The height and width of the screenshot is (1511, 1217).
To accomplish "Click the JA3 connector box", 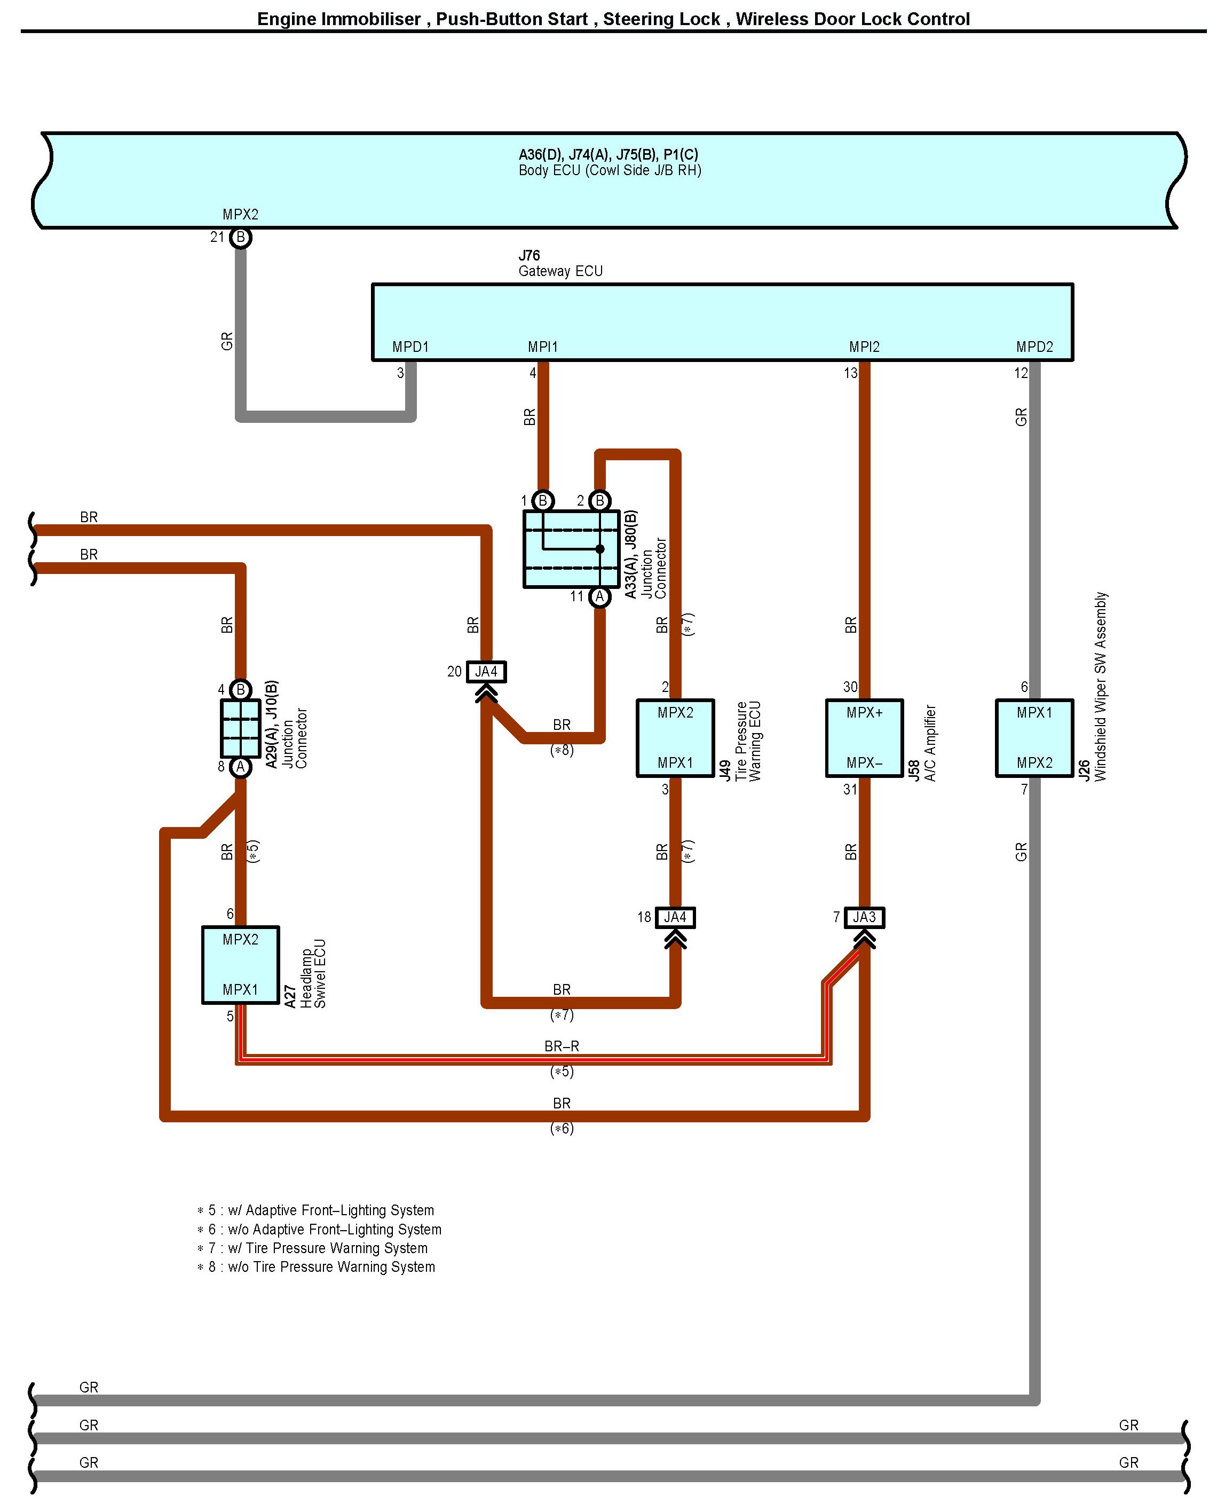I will tap(864, 917).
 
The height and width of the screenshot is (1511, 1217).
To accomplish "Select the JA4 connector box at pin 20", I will tap(486, 672).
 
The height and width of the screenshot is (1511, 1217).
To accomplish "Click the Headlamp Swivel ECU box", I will tap(240, 965).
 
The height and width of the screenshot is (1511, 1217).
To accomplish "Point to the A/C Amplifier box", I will tap(864, 738).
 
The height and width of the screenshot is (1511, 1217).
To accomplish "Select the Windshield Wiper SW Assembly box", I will tap(1034, 738).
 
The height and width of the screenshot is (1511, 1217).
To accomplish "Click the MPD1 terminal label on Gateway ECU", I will tap(410, 347).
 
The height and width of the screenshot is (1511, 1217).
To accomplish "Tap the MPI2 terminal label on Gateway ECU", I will tap(864, 347).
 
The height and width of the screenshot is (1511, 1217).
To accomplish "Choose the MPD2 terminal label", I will tap(1034, 347).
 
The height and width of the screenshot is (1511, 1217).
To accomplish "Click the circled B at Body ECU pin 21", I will tap(240, 238).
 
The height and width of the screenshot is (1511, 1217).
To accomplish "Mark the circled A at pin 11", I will tap(599, 597).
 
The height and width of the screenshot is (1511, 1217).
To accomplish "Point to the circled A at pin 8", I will tap(240, 767).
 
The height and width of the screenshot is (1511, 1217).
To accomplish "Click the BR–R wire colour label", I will tap(562, 1046).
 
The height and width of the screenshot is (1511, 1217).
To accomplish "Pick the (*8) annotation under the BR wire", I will tap(562, 750).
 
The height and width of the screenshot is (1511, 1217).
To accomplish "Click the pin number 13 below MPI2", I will tap(850, 373).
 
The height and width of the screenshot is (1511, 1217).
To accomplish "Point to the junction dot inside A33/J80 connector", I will tap(599, 549).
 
